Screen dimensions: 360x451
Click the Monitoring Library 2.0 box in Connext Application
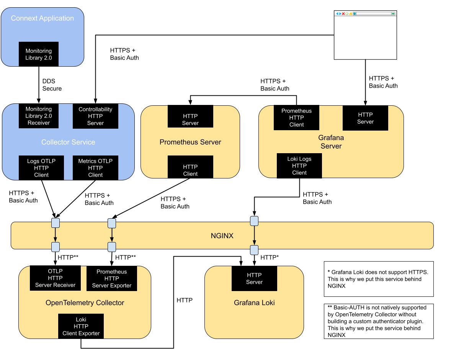point(39,54)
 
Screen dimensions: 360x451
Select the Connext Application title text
point(42,18)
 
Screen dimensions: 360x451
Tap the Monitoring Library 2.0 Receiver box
point(39,116)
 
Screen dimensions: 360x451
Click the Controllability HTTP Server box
point(95,116)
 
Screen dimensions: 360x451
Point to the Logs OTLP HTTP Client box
point(41,168)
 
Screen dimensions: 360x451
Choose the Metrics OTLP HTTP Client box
point(95,168)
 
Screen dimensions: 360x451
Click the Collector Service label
point(68,142)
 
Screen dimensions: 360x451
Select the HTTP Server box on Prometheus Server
point(190,119)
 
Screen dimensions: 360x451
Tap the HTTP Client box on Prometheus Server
point(190,170)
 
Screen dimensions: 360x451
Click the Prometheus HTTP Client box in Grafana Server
point(296,118)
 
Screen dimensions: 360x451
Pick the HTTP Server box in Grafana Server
point(365,118)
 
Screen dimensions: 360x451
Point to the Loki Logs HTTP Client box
point(299,165)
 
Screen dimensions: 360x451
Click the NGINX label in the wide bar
point(222,236)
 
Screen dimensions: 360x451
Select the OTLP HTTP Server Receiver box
point(55,278)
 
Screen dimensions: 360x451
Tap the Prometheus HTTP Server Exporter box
point(112,278)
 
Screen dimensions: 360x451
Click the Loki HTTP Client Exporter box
point(81,326)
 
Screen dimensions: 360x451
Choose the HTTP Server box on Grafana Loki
point(254,278)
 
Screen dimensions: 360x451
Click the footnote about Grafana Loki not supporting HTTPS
point(378,279)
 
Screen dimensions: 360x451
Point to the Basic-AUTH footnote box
point(378,321)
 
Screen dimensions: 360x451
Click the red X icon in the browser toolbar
point(343,14)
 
